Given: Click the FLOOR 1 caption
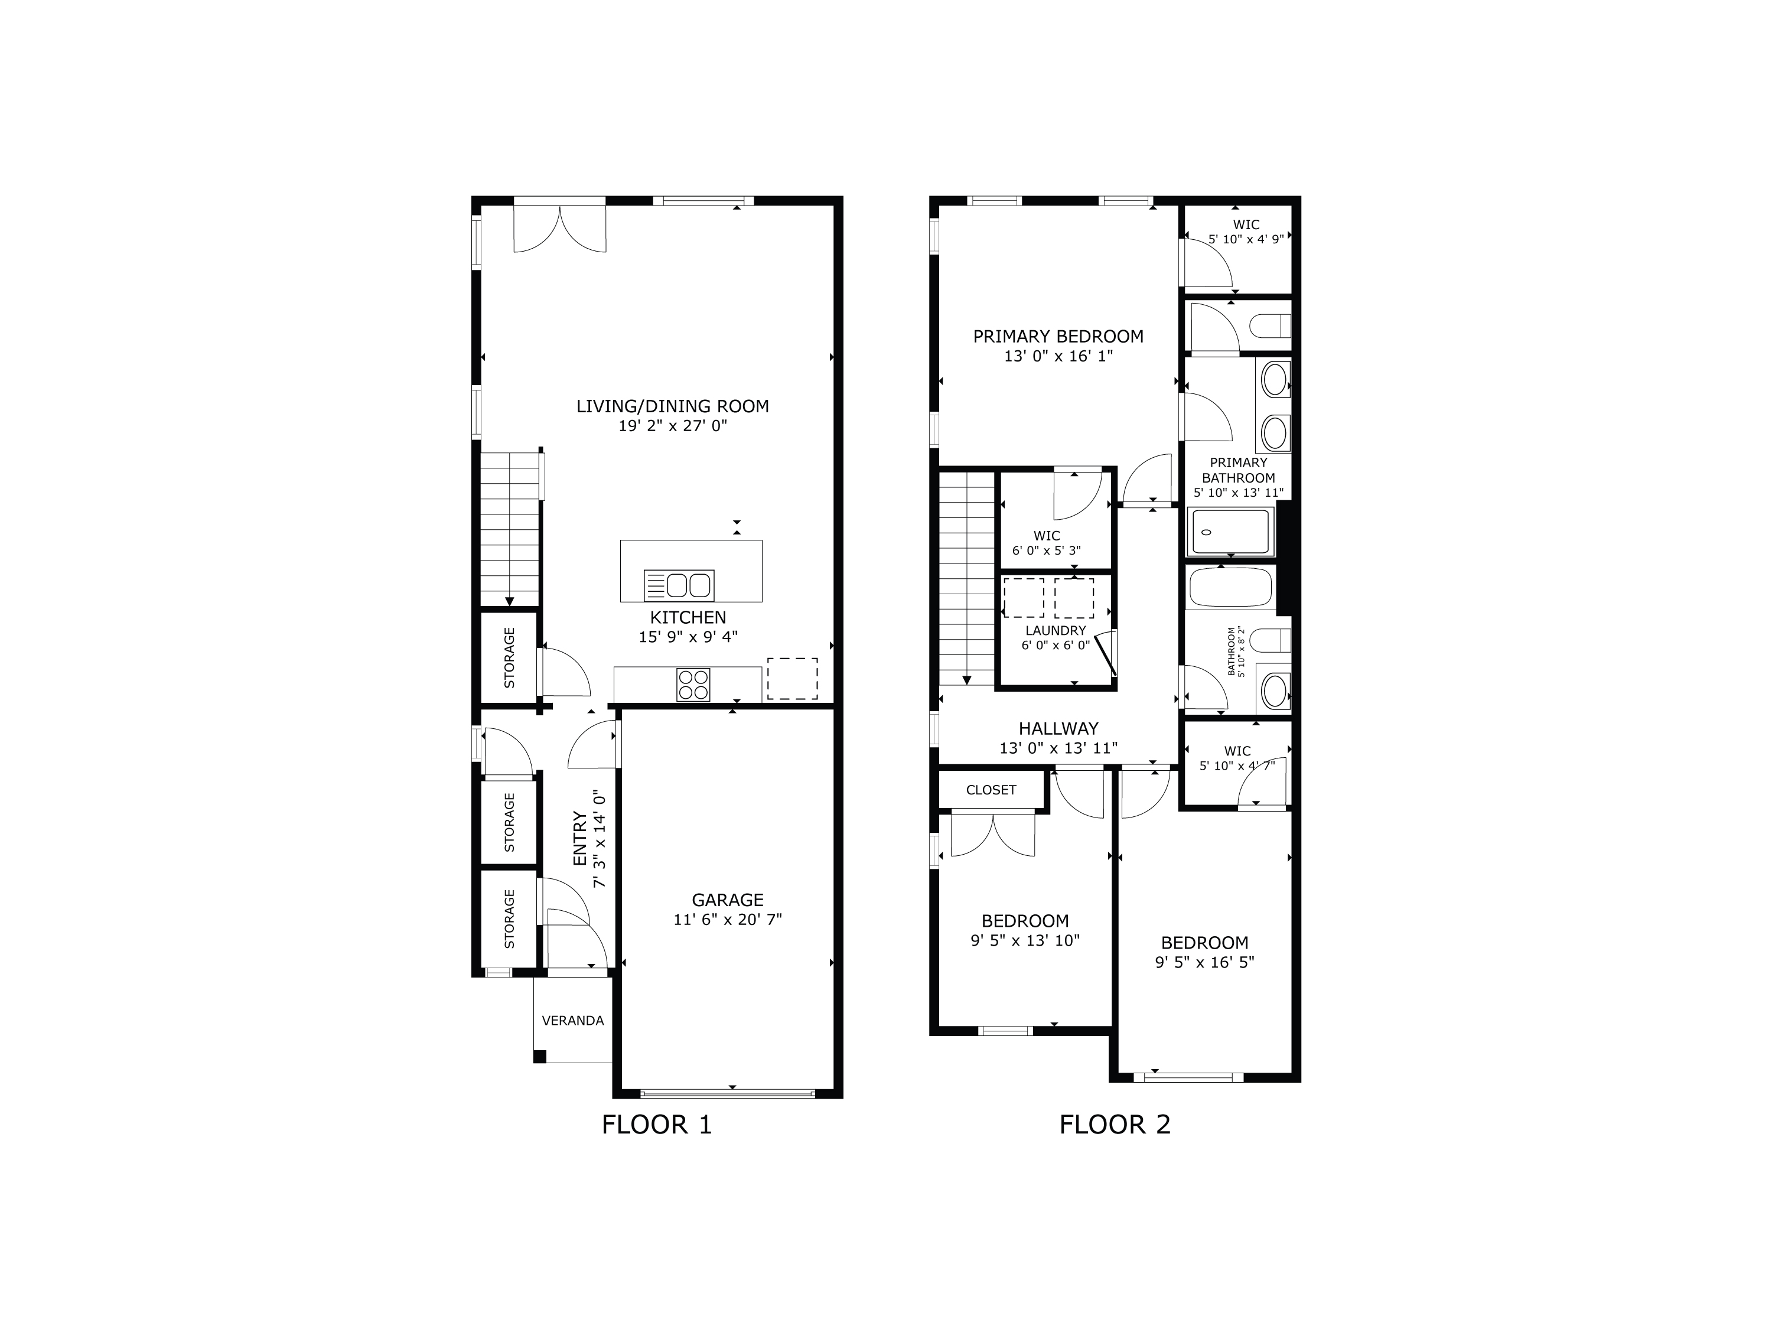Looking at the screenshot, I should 656,1125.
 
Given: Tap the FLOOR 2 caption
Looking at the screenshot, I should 1115,1125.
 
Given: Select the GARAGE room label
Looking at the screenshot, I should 727,900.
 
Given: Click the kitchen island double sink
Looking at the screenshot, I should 679,585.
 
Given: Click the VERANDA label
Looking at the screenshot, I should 573,1021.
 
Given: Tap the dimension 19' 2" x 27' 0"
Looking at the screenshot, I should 672,426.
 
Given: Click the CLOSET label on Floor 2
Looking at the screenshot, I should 991,790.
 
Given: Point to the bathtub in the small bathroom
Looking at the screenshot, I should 1230,588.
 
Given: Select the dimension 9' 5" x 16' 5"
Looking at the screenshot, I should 1204,962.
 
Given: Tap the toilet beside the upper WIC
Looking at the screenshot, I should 1271,327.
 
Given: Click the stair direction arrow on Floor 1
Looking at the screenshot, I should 510,601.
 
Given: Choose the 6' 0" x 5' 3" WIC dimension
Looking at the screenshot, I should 1046,551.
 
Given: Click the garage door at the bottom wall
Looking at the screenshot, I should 727,1093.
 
